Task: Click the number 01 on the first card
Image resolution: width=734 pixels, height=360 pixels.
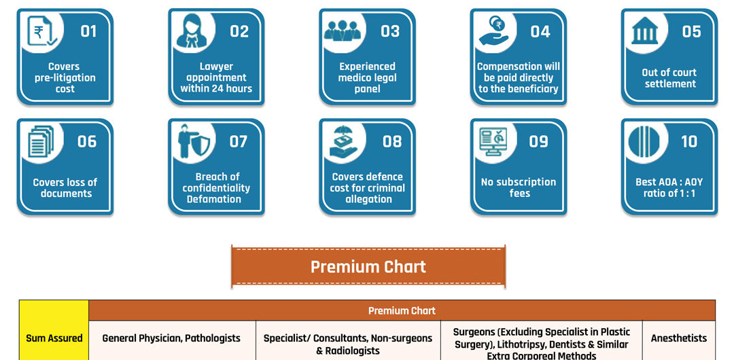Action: click(88, 31)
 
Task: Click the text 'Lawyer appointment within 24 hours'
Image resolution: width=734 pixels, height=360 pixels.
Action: click(216, 77)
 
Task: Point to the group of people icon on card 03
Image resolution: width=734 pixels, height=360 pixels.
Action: click(345, 31)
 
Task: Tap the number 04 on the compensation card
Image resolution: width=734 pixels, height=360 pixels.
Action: click(540, 31)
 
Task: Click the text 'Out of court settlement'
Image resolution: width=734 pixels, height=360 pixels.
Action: click(669, 78)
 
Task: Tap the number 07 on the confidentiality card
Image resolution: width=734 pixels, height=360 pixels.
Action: click(239, 141)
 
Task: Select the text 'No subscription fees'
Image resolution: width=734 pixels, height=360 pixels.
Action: click(519, 187)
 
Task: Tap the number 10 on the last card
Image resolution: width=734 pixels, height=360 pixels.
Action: click(689, 141)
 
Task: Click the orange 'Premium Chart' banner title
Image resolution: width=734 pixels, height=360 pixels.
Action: click(368, 266)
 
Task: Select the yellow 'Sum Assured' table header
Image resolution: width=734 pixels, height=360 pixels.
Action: click(54, 338)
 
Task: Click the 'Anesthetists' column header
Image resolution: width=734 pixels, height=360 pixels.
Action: click(678, 338)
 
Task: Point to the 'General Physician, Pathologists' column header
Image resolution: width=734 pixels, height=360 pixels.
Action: click(171, 338)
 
